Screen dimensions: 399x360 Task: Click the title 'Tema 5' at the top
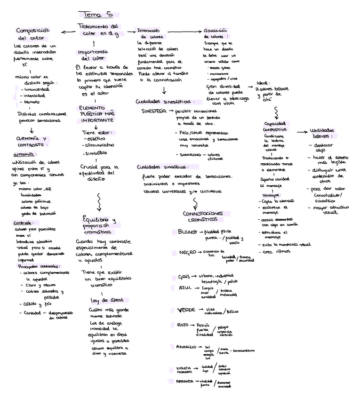(96, 15)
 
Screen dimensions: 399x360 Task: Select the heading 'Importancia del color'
(93, 55)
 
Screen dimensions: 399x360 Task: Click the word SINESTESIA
(153, 111)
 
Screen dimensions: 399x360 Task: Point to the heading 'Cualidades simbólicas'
(161, 167)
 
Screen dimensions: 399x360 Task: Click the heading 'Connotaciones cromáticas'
(199, 216)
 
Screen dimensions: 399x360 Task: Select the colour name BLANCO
(187, 231)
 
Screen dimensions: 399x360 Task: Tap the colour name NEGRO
(187, 253)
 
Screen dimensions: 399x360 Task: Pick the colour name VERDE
(186, 310)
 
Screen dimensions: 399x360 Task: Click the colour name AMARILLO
(186, 347)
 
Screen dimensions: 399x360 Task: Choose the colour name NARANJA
(185, 381)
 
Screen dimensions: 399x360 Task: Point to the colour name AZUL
(185, 287)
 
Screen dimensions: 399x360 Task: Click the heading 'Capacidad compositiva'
(275, 126)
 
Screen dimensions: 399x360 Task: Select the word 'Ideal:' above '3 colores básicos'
(263, 83)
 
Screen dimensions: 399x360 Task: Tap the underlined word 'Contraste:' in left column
(23, 223)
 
